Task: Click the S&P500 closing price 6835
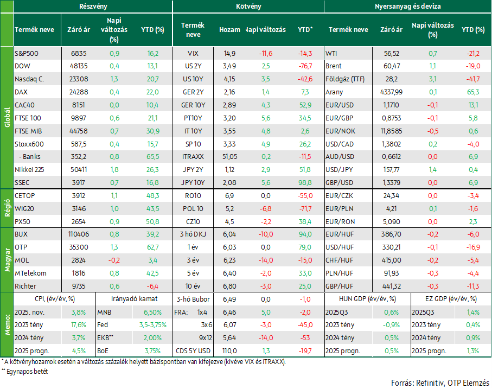pyautogui.click(x=79, y=54)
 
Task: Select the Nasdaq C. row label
pyautogui.click(x=29, y=79)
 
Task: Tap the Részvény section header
pyautogui.click(x=93, y=7)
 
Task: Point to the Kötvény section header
pyautogui.click(x=248, y=7)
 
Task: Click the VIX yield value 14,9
pyautogui.click(x=229, y=54)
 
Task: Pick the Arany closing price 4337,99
pyautogui.click(x=391, y=92)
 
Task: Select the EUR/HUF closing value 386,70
pyautogui.click(x=391, y=234)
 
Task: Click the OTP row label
pyautogui.click(x=21, y=247)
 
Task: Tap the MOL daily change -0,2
pyautogui.click(x=114, y=260)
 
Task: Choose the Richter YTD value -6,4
pyautogui.click(x=152, y=286)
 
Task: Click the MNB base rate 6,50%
pyautogui.click(x=152, y=313)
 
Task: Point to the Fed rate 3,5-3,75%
pyautogui.click(x=153, y=325)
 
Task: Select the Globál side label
pyautogui.click(x=7, y=118)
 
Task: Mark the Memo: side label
pyautogui.click(x=7, y=324)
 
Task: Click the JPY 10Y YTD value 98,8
pyautogui.click(x=305, y=183)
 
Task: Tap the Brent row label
pyautogui.click(x=333, y=66)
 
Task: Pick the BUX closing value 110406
pyautogui.click(x=79, y=234)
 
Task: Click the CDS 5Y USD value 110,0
pyautogui.click(x=229, y=351)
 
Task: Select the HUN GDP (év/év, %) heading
pyautogui.click(x=367, y=299)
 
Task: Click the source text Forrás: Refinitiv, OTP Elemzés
pyautogui.click(x=440, y=383)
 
